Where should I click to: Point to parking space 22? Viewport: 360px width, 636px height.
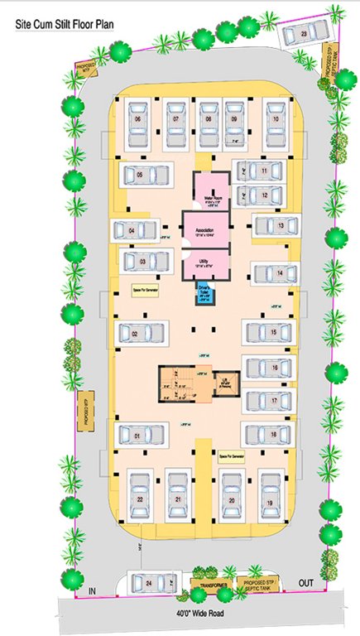pos(141,499)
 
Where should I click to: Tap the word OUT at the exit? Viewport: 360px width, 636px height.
pos(305,584)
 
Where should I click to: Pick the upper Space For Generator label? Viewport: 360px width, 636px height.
pos(145,291)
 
